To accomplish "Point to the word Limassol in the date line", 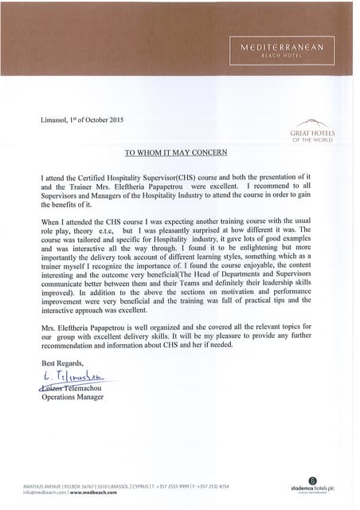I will coord(55,120).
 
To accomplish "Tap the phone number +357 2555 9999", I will coord(173,485).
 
